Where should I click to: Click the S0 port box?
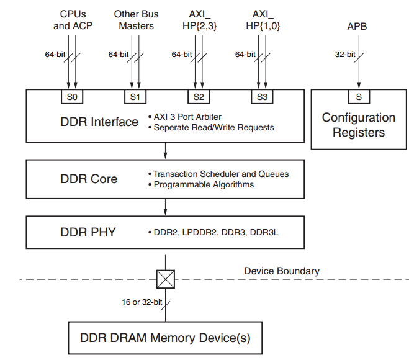(x=71, y=97)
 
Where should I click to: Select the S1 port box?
(x=135, y=97)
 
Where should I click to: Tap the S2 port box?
(x=198, y=97)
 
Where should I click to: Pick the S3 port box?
(x=261, y=97)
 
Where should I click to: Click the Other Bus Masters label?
(x=136, y=20)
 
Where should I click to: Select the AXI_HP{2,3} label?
(x=200, y=20)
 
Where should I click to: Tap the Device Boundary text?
(x=282, y=271)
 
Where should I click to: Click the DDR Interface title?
(x=99, y=122)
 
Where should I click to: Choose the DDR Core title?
(x=89, y=179)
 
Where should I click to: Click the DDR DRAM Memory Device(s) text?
(x=165, y=338)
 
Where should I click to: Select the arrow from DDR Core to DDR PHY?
(x=165, y=207)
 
